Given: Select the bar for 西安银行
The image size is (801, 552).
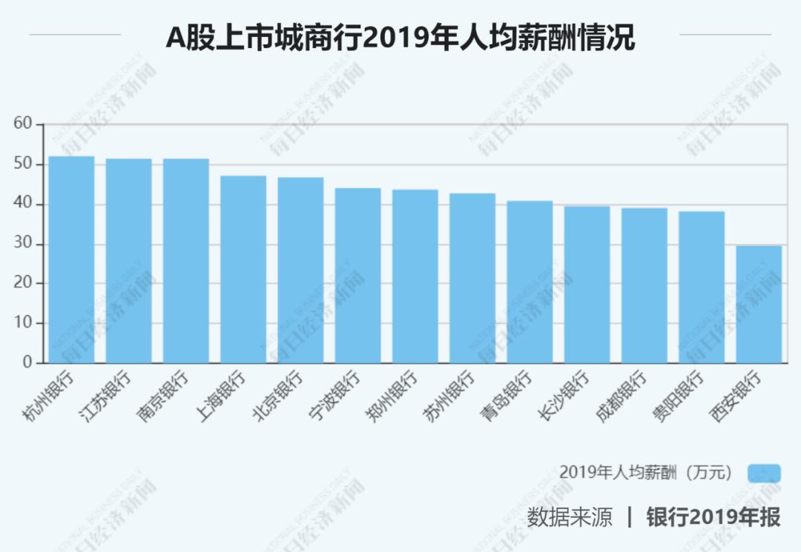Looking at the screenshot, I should pyautogui.click(x=759, y=304).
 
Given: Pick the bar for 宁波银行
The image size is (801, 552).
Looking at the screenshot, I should pyautogui.click(x=357, y=276).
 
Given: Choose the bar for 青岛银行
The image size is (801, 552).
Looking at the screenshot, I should pyautogui.click(x=530, y=282).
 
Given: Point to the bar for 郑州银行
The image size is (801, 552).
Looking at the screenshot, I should pyautogui.click(x=415, y=276).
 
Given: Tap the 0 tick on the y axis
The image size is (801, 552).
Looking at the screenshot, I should pyautogui.click(x=28, y=363).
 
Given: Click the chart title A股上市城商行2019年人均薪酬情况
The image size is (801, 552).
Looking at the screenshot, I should pyautogui.click(x=400, y=37).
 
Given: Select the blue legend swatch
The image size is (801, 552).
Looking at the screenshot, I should pyautogui.click(x=764, y=473).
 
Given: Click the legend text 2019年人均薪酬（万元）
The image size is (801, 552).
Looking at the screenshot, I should pyautogui.click(x=645, y=473).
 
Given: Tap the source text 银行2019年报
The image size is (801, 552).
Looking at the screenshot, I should pyautogui.click(x=713, y=516).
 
